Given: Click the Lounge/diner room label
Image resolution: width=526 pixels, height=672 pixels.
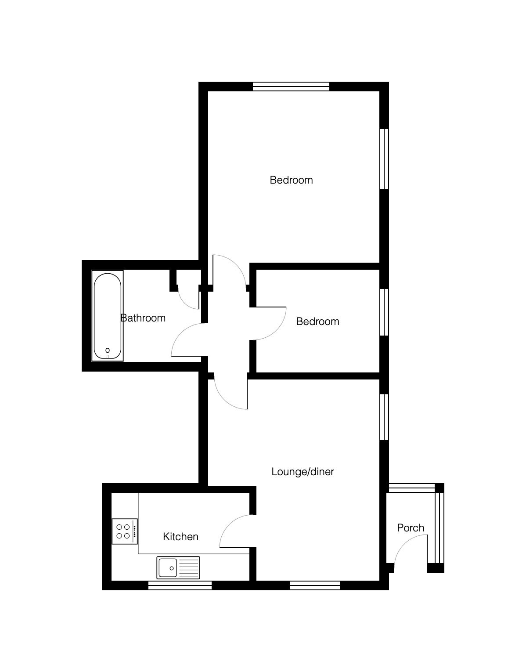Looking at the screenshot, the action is [302, 472].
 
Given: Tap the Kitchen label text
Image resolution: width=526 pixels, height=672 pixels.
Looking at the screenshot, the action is [180, 537].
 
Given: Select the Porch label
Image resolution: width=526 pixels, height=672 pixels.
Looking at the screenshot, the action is [411, 527].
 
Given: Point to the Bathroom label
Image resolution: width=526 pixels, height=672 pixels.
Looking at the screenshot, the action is [143, 318].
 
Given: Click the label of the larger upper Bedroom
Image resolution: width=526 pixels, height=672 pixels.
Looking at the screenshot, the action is [291, 180].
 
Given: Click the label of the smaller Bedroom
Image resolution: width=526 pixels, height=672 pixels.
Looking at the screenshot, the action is [317, 322].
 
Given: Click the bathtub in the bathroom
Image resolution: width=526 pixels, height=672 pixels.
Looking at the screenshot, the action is [108, 316].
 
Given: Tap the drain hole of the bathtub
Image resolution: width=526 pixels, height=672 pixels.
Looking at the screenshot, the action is [108, 350].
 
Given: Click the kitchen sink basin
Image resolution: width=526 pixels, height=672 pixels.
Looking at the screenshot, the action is [167, 568].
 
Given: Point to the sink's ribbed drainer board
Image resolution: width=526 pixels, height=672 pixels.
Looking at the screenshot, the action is [188, 568].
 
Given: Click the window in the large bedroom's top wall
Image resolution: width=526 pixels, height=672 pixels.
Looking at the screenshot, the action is [291, 86].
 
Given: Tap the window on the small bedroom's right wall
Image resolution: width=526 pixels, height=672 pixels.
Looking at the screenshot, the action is [384, 312].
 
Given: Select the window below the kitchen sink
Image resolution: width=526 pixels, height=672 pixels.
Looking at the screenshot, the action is [180, 585].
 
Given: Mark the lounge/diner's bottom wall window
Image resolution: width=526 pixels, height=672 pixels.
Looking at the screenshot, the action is [315, 585].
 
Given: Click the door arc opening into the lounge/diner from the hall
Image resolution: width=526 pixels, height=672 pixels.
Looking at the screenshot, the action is [225, 399].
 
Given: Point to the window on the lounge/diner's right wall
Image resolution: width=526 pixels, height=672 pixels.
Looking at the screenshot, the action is [384, 416].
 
